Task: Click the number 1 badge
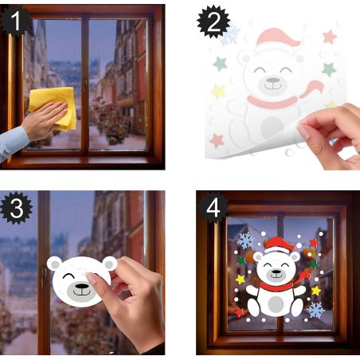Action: click(15, 21)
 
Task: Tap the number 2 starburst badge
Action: click(213, 22)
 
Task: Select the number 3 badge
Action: click(17, 208)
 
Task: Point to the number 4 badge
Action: click(213, 208)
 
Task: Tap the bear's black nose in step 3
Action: click(82, 286)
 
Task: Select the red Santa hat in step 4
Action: click(279, 245)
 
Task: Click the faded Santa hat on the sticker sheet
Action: click(276, 39)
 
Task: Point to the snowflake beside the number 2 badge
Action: click(230, 36)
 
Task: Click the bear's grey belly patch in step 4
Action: click(276, 304)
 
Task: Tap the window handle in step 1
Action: click(86, 86)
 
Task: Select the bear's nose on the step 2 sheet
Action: click(273, 80)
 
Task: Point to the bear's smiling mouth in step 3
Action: click(82, 293)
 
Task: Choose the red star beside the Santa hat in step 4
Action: click(314, 243)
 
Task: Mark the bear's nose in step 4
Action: click(276, 272)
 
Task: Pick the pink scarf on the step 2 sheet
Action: click(281, 98)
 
